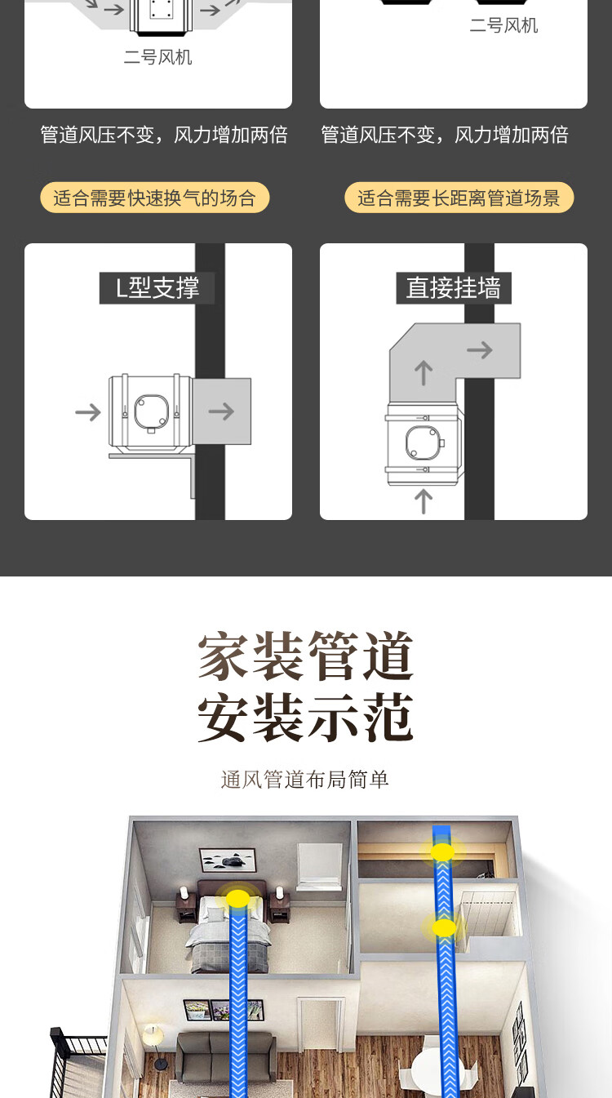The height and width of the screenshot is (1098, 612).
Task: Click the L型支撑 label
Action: [157, 288]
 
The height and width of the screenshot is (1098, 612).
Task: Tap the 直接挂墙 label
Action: [453, 288]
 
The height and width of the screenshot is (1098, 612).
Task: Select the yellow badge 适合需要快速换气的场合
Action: [155, 198]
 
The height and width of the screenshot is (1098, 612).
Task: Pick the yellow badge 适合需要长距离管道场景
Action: [459, 198]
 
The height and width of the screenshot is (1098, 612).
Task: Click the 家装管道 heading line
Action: [306, 656]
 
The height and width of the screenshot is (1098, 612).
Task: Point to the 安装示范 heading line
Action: [306, 718]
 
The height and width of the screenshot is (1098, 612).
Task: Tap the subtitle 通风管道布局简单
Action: [305, 780]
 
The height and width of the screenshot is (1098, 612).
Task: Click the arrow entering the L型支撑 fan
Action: [87, 411]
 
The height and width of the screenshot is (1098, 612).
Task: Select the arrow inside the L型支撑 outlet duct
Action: [221, 411]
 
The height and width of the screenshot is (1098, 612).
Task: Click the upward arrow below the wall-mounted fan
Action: [423, 500]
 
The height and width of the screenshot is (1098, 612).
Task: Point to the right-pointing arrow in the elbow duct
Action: [480, 350]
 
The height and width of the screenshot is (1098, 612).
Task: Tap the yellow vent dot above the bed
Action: [237, 899]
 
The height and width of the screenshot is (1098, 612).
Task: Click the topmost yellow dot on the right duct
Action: [442, 852]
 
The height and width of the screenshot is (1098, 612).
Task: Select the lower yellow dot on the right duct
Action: [444, 927]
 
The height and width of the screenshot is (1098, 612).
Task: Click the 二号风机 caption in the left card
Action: [157, 57]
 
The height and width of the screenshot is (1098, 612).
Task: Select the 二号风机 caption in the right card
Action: [503, 25]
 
